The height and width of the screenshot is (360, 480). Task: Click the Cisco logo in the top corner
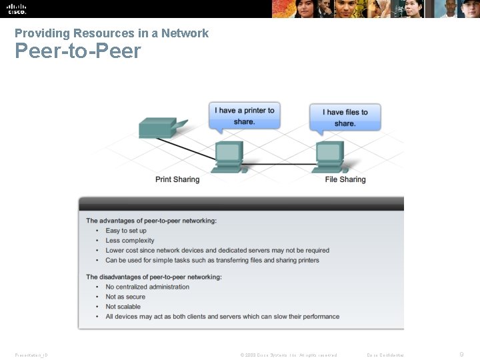[16, 9]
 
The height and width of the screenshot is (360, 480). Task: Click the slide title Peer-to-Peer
[78, 51]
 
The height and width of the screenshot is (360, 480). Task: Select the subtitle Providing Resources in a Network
[111, 33]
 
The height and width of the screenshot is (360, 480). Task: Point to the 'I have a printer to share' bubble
[245, 116]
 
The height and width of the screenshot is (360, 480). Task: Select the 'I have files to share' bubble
[345, 118]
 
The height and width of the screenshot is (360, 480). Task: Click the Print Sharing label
[177, 179]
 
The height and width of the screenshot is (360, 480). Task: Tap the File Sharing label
[345, 179]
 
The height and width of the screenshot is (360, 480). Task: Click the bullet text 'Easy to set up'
[126, 231]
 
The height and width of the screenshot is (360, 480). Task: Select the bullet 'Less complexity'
[130, 241]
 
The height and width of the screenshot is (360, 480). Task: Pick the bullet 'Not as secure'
[125, 297]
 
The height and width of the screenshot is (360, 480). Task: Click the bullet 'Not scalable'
[123, 307]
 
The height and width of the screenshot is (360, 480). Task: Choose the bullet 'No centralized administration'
[147, 287]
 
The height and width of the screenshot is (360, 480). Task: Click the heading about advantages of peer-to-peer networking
[151, 221]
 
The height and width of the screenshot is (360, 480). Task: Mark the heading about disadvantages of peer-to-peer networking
[154, 277]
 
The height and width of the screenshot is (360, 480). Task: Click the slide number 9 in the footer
[461, 355]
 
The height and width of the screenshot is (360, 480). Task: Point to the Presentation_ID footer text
[31, 355]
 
